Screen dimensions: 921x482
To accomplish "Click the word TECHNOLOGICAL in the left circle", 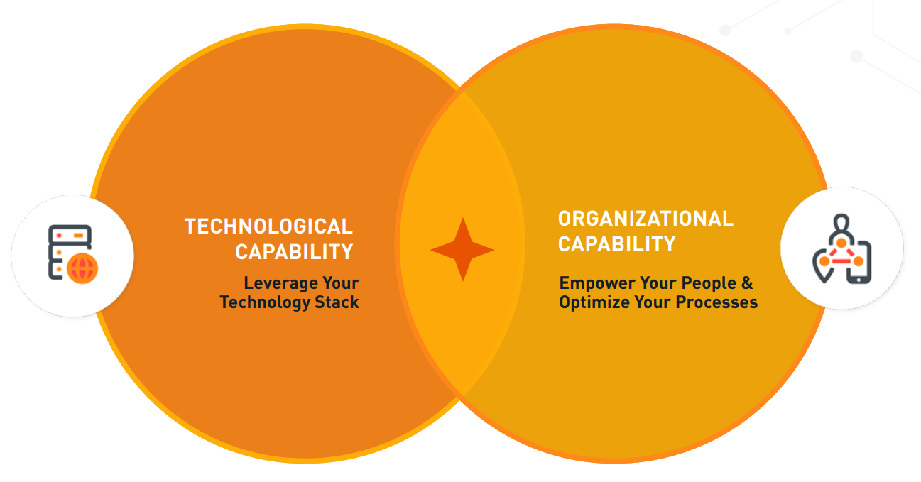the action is point(268,226).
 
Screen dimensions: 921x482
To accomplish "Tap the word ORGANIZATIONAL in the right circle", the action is point(645,219).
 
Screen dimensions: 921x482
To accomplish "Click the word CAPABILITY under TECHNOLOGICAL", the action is point(295,252).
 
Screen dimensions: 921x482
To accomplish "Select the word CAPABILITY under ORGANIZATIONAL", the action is point(617,244).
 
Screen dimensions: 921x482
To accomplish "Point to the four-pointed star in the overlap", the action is point(462,249).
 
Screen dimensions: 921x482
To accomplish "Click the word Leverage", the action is point(280,283).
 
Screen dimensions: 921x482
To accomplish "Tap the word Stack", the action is point(337,302).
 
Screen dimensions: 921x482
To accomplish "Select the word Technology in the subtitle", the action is point(265,303).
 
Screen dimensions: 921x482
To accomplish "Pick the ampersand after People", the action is point(747,283).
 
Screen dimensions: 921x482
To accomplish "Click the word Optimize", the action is point(594,303).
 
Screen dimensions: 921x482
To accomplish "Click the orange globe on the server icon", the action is point(82,269).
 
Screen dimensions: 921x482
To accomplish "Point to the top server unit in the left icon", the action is point(70,236).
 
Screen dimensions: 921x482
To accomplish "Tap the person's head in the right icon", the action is point(841,224).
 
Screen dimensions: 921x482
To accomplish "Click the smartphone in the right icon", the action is point(859,263).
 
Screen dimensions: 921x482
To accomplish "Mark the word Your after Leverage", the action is point(341,283).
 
